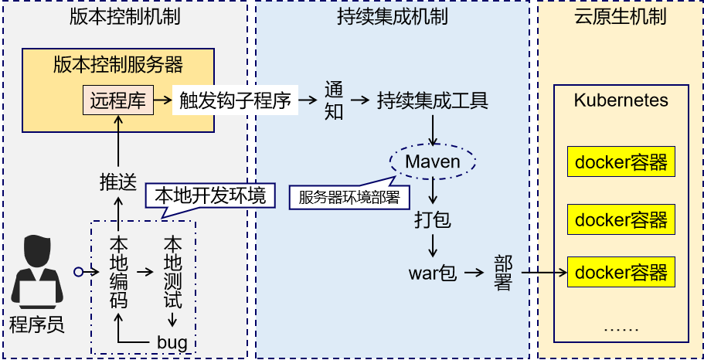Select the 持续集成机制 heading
392,17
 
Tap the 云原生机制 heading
621,17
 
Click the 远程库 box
117,100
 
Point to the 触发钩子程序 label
235,101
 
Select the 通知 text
333,100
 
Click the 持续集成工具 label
432,100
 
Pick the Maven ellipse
433,161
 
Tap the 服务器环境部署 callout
349,197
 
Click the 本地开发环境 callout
210,195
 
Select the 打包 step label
432,219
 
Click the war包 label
433,273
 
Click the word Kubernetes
621,100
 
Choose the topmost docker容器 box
621,163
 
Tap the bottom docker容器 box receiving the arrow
621,273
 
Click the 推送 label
117,182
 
